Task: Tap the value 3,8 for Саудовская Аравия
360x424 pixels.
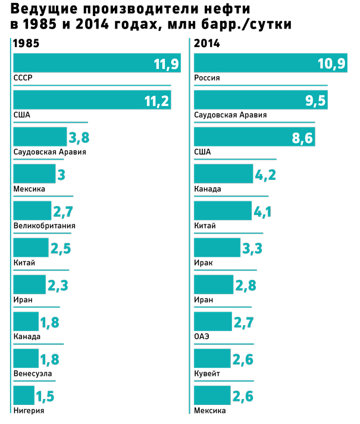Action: click(x=79, y=138)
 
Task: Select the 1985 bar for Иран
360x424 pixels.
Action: click(x=29, y=284)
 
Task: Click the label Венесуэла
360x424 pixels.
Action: click(x=33, y=373)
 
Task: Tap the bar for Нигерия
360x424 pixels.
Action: click(x=24, y=395)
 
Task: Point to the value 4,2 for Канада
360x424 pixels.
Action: click(x=263, y=175)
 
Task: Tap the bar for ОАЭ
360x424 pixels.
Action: click(x=213, y=322)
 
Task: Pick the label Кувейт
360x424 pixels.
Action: click(x=207, y=373)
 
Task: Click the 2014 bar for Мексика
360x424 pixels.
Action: click(x=212, y=395)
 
